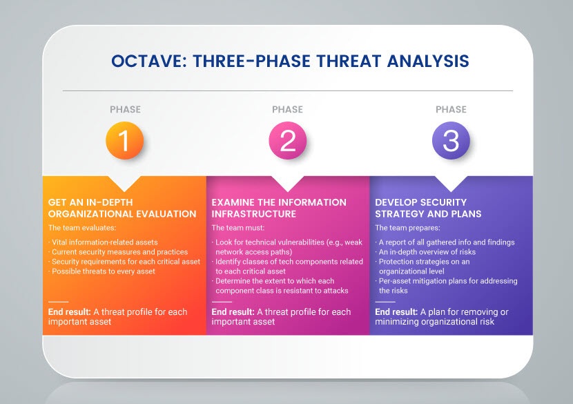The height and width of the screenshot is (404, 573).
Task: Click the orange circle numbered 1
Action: pyautogui.click(x=125, y=140)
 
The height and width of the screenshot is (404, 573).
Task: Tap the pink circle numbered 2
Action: pyautogui.click(x=288, y=140)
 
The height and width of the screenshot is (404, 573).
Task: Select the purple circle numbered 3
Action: pyautogui.click(x=451, y=140)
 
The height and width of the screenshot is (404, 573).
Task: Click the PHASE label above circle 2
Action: pyautogui.click(x=288, y=109)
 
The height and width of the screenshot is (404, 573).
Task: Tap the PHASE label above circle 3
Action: pyautogui.click(x=451, y=109)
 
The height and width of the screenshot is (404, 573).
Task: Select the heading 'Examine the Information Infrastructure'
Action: pyautogui.click(x=279, y=208)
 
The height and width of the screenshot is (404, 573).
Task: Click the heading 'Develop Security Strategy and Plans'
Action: pyautogui.click(x=428, y=208)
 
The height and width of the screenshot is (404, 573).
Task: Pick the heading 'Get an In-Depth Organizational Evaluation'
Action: pyautogui.click(x=122, y=208)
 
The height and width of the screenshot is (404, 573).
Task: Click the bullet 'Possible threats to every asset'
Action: pyautogui.click(x=102, y=271)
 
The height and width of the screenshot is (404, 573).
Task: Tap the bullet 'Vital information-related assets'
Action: pyautogui.click(x=104, y=242)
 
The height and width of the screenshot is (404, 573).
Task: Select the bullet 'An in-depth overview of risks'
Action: pyautogui.click(x=426, y=252)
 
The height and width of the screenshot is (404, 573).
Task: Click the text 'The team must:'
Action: pyautogui.click(x=238, y=228)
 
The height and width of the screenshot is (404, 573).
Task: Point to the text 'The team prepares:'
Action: pyautogui.click(x=407, y=228)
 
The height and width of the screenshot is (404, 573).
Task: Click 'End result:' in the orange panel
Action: pyautogui.click(x=70, y=312)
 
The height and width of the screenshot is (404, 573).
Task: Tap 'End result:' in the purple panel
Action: pyautogui.click(x=396, y=312)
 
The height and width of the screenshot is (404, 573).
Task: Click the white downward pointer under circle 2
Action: pyautogui.click(x=288, y=183)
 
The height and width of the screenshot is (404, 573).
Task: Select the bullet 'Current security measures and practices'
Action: pyautogui.click(x=118, y=252)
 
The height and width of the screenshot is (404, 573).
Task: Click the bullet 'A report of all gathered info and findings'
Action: pyautogui.click(x=445, y=242)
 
